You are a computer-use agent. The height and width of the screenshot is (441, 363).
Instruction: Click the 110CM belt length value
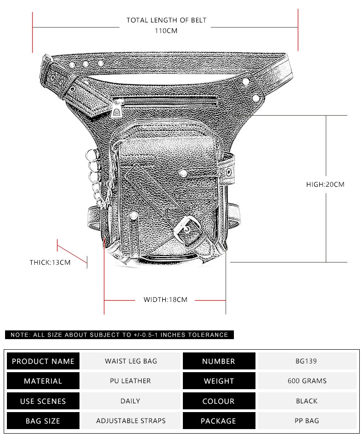166,31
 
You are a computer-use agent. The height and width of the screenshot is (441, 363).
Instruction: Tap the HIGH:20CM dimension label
325,184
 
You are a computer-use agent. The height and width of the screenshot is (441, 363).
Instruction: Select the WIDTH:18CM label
165,300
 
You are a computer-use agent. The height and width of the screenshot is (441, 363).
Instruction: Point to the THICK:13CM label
50,262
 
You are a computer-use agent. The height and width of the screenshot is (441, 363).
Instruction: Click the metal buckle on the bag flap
187,230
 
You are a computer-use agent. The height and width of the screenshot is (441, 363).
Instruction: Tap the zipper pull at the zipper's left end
117,109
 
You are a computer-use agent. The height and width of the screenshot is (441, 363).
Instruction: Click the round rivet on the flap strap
183,173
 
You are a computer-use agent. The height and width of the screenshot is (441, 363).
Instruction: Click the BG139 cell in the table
306,361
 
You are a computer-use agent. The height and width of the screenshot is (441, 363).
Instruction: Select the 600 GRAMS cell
307,381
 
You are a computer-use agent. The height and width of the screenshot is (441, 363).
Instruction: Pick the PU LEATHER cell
130,381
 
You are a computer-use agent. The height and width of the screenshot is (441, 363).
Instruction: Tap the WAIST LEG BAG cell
131,361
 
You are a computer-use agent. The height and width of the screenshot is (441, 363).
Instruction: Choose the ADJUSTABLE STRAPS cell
131,421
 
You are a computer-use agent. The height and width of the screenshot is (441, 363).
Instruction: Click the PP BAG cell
307,421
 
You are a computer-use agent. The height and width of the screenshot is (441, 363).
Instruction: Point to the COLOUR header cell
219,401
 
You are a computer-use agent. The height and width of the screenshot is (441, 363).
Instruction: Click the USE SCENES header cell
43,401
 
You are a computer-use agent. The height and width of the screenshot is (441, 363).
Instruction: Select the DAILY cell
130,401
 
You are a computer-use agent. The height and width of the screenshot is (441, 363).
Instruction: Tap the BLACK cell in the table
306,401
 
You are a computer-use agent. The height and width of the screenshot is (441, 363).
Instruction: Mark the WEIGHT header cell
219,381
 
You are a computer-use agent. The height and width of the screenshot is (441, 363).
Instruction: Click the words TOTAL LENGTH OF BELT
166,20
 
